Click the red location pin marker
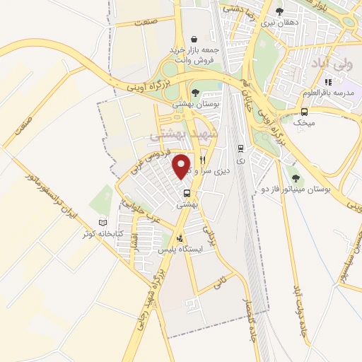point(182,165)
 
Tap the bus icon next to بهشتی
point(187,192)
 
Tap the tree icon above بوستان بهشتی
point(195,92)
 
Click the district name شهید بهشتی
point(186,133)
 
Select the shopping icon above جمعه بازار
point(194,40)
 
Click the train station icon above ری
point(241,148)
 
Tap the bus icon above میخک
point(304,112)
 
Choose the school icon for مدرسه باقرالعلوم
point(327,83)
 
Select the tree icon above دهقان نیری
point(280,11)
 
